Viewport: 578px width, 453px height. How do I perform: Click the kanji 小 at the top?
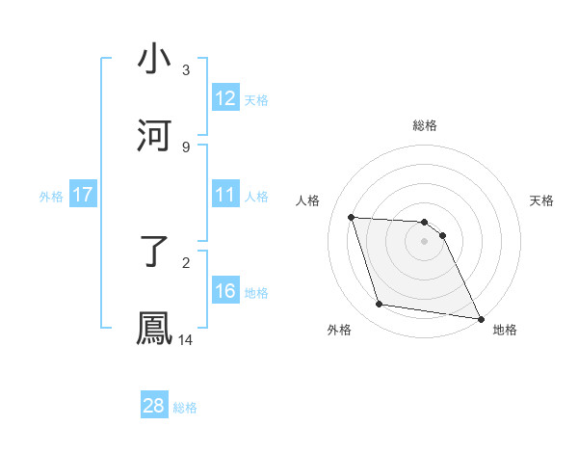[155, 60]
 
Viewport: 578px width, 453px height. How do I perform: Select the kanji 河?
[155, 136]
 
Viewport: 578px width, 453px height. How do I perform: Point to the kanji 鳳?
[155, 329]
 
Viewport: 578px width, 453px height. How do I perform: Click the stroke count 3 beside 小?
[186, 69]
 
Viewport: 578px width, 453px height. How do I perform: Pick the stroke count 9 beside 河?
[186, 147]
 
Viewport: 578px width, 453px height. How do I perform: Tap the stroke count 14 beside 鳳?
[186, 339]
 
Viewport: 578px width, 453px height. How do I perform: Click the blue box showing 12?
[225, 98]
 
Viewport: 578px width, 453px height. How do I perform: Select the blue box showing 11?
[225, 195]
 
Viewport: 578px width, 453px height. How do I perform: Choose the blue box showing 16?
[225, 291]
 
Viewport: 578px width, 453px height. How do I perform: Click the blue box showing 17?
[83, 195]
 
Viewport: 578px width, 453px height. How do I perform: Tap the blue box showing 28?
[154, 406]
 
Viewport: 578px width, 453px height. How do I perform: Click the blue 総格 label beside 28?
[185, 408]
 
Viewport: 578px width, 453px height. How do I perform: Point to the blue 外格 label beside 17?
[51, 197]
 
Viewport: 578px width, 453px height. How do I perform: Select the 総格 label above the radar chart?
[425, 125]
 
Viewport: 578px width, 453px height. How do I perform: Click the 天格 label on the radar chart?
[542, 200]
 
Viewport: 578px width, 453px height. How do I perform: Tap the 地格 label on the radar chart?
[505, 330]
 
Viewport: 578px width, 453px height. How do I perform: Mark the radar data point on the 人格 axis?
[352, 217]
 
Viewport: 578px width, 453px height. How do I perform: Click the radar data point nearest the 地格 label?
[479, 318]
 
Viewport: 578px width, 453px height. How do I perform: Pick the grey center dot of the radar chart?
[425, 241]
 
